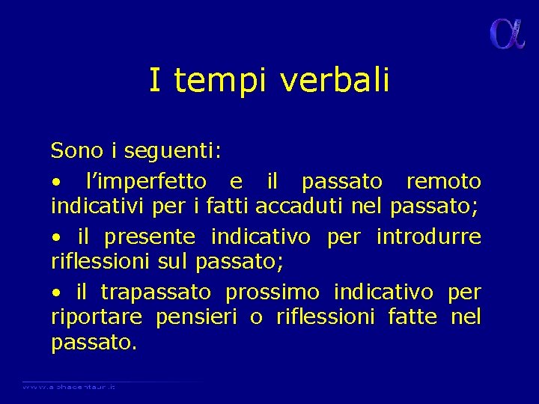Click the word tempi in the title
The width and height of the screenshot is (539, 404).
pos(218,81)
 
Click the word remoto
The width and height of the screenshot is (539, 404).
pos(443,182)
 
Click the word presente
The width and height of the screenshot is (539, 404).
pos(150,238)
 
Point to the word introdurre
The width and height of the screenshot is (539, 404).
pos(428,237)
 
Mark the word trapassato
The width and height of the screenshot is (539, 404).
pos(155,293)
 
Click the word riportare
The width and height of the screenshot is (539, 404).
pos(96,318)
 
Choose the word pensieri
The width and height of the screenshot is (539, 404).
pos(196,318)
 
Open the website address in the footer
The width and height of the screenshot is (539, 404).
pos(68,386)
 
